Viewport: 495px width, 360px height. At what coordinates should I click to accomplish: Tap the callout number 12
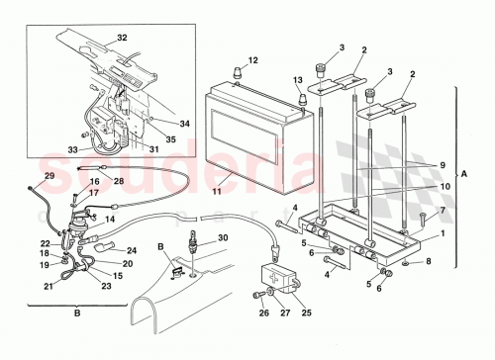point(253,61)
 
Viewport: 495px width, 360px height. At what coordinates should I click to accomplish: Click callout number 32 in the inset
point(122,37)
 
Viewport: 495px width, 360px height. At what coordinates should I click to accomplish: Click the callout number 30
point(222,237)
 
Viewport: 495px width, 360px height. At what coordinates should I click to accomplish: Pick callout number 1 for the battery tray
point(443,234)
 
